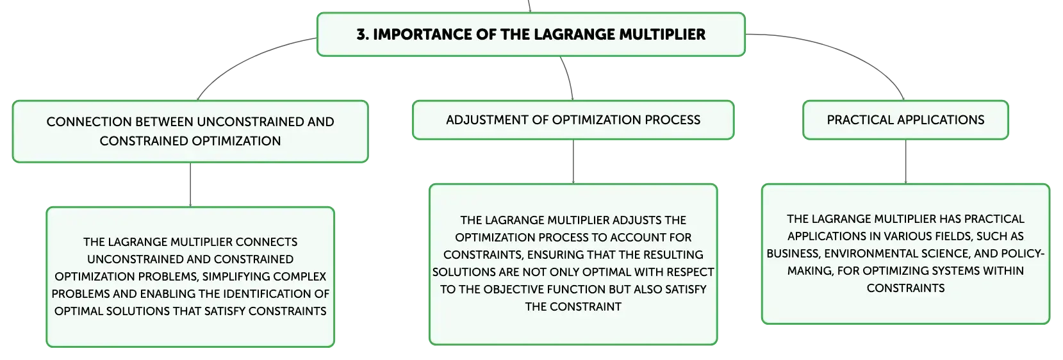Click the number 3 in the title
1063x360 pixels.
[361, 34]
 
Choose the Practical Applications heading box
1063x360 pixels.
[905, 120]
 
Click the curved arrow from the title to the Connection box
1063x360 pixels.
[247, 60]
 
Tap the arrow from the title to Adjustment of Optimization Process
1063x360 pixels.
[568, 78]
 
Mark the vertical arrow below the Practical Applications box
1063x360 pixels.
[905, 161]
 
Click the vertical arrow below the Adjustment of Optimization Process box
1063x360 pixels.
[573, 161]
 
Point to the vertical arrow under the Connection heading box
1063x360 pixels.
[190, 185]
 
